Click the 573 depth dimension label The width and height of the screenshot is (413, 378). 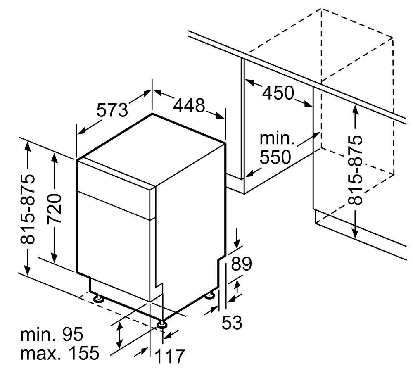[x=112, y=110]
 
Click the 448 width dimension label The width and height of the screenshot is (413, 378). [x=189, y=105]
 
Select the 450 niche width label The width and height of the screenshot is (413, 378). [x=278, y=93]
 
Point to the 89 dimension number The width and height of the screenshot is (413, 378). [x=242, y=264]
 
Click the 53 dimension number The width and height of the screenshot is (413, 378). [x=232, y=322]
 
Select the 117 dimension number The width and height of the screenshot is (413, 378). [x=169, y=356]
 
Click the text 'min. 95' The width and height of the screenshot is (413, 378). [x=52, y=334]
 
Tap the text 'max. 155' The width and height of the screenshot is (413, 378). [x=60, y=353]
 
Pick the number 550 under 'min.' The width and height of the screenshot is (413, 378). [x=275, y=157]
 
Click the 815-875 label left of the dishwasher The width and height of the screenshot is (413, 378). [x=27, y=209]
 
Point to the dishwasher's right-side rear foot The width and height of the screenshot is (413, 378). [x=211, y=295]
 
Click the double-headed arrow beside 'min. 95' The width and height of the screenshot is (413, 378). [x=120, y=335]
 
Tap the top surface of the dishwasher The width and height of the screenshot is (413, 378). [x=151, y=150]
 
